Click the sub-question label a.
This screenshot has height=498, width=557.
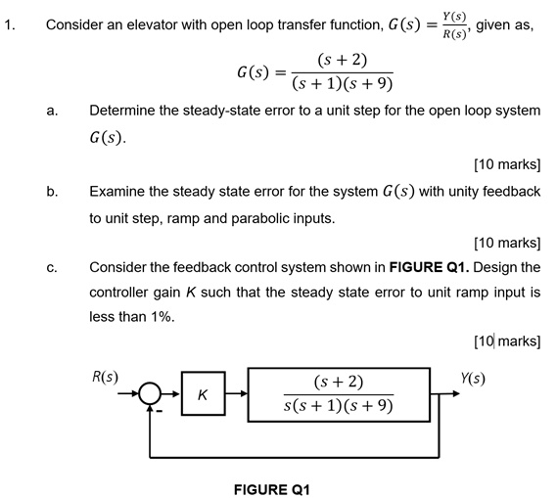(50, 112)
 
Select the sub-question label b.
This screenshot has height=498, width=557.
(50, 192)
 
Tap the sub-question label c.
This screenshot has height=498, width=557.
(50, 267)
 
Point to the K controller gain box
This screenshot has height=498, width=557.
(203, 395)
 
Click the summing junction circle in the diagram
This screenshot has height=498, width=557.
(150, 394)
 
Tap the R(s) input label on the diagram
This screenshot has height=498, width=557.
(105, 376)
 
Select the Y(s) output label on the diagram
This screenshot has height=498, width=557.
(475, 378)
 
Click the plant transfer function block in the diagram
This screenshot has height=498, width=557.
(339, 393)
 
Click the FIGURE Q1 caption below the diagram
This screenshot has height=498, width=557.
(272, 487)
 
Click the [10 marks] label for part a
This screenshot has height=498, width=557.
(506, 163)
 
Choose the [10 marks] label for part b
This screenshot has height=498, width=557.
(506, 242)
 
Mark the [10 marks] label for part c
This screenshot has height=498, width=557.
(506, 340)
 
